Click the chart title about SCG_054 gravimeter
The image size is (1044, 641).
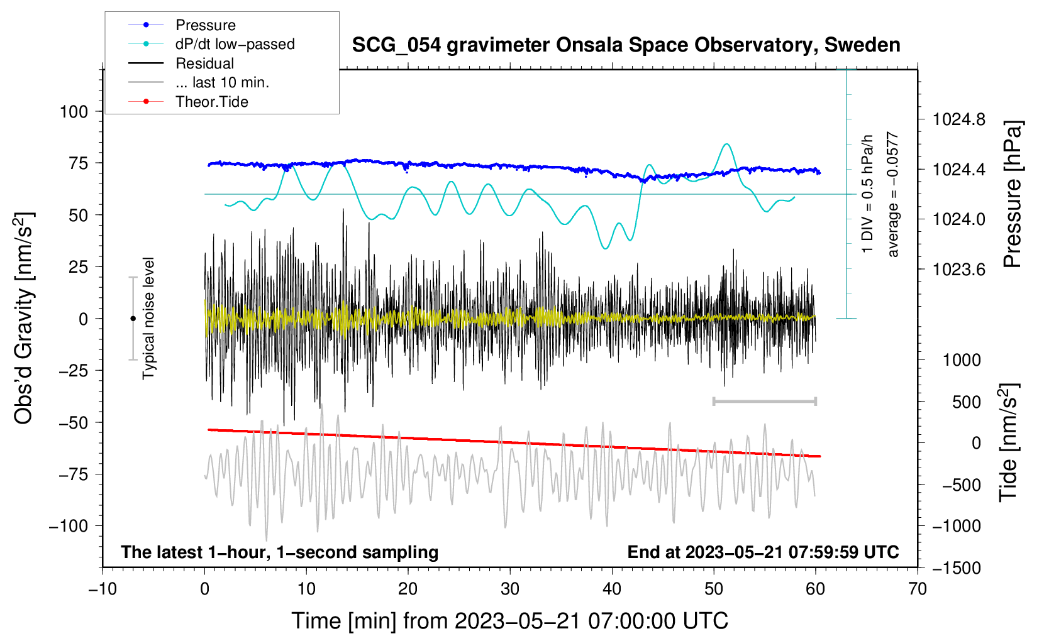click(x=626, y=45)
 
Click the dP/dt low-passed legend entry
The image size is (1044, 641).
click(x=235, y=44)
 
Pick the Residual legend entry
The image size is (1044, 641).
click(x=204, y=63)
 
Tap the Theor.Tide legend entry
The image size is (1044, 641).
click(x=211, y=102)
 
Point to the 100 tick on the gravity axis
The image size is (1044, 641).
click(x=74, y=112)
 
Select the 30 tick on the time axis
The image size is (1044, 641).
click(x=510, y=589)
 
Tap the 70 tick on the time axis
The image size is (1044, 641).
click(x=918, y=589)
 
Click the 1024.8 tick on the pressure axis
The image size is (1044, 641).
click(x=958, y=119)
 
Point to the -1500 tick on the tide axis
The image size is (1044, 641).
click(x=956, y=567)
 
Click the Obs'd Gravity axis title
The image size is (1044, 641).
click(x=24, y=319)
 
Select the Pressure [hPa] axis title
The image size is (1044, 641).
click(x=1012, y=195)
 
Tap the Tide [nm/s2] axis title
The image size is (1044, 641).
click(x=1009, y=443)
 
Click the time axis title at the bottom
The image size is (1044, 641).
click(x=510, y=621)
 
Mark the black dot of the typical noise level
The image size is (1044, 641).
click(x=133, y=319)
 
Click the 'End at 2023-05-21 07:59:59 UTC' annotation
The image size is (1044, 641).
click(x=763, y=552)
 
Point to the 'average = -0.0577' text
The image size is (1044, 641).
click(x=892, y=195)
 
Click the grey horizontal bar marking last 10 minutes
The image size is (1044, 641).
click(x=764, y=401)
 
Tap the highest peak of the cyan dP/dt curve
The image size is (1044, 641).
click(x=727, y=144)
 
